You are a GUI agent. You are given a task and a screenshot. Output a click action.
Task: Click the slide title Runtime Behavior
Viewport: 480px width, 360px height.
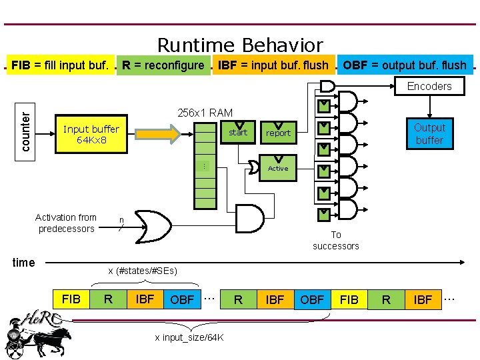coord(240,45)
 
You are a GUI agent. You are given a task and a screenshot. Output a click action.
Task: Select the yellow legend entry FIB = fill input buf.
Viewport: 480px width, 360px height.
coord(60,65)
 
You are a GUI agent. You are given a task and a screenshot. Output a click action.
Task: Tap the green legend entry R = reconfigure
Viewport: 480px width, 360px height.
coord(163,65)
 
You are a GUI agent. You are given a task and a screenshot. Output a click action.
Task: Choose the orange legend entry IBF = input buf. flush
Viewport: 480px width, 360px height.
coord(273,65)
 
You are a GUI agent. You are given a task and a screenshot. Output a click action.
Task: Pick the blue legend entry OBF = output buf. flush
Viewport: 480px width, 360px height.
coord(405,65)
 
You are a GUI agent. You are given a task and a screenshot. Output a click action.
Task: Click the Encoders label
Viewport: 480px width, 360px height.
coord(429,86)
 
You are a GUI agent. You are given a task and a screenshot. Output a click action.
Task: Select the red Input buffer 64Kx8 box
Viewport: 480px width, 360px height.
coord(91,135)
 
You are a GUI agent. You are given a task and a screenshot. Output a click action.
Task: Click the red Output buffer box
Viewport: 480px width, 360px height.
coord(429,134)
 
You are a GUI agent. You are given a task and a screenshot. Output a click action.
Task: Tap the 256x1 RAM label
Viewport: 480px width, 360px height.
coord(205,113)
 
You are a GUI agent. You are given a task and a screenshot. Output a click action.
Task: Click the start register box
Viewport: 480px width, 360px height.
coord(238,132)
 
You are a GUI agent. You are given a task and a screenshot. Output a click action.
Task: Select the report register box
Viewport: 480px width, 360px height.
coord(278,132)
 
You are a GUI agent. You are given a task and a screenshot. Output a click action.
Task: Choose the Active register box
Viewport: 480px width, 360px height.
coord(278,168)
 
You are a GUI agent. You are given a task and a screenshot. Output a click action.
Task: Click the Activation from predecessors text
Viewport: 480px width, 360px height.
coord(66,223)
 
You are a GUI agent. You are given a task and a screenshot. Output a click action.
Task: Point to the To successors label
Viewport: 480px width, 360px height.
coord(336,240)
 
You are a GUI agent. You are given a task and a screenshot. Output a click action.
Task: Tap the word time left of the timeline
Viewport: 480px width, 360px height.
coord(24,263)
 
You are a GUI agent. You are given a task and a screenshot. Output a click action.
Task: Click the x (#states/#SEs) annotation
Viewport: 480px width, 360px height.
coord(143,271)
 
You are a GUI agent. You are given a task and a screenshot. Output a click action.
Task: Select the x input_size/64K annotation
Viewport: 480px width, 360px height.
coord(190,337)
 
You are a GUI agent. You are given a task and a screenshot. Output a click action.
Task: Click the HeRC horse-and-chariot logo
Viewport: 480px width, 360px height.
coord(37,333)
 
